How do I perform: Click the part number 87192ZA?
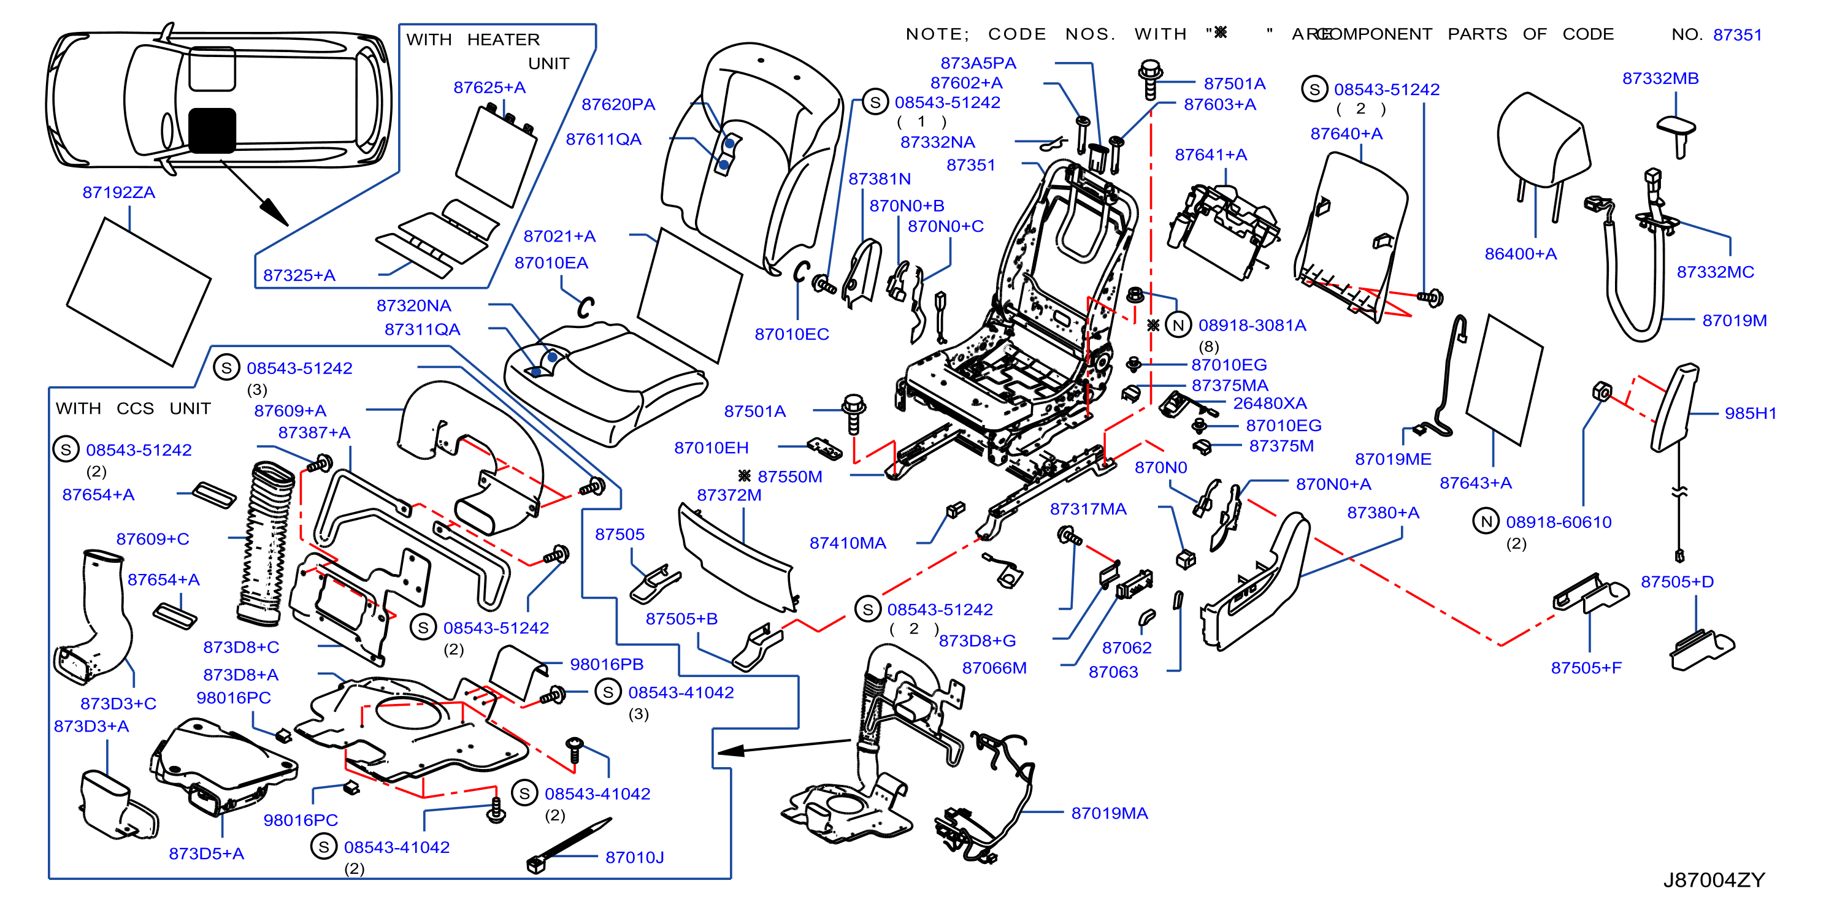[119, 193]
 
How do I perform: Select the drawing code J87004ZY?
[1713, 880]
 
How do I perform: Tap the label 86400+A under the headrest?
[1520, 254]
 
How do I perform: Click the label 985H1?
[1750, 413]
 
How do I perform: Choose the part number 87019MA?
[1110, 813]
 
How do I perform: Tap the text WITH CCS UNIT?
[133, 408]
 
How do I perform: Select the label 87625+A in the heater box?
[489, 87]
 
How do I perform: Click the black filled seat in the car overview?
[212, 131]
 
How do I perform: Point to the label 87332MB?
[1660, 78]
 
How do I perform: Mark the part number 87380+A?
[1383, 513]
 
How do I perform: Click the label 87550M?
[789, 477]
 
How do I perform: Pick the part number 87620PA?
[618, 104]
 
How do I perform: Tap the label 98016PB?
[607, 665]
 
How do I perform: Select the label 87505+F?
[1586, 668]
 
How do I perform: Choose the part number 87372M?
[729, 495]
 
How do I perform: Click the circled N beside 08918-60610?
[1486, 521]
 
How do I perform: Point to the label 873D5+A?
[206, 854]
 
